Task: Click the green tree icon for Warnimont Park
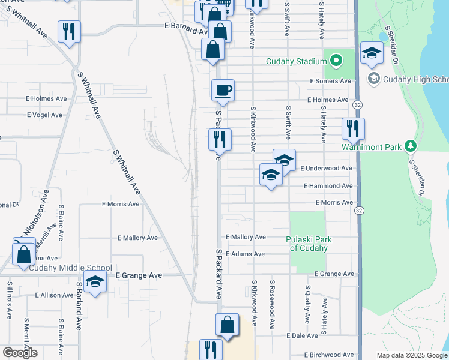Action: [411, 146]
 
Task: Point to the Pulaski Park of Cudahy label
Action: [309, 244]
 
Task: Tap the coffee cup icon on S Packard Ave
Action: [223, 91]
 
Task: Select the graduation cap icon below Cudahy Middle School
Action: [95, 282]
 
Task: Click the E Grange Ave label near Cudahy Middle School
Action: [139, 275]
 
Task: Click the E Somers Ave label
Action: [330, 81]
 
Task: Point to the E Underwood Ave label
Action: [326, 169]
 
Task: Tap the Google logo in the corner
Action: [19, 353]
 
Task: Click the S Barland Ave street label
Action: [79, 307]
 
